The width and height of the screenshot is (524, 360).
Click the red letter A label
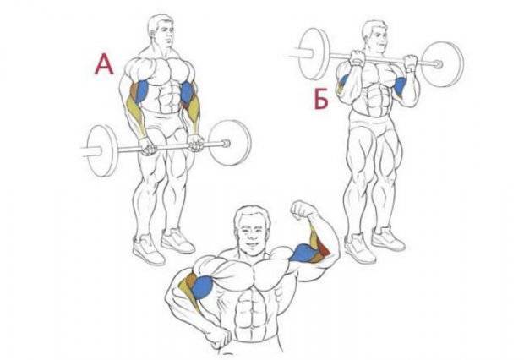(104, 65)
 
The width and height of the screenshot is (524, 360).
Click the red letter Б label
(321, 99)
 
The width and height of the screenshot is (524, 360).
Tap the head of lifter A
(161, 30)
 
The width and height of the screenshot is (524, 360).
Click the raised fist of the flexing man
(303, 210)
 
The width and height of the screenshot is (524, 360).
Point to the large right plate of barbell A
(230, 143)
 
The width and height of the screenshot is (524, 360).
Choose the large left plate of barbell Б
(313, 53)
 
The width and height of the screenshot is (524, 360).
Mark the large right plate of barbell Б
(442, 64)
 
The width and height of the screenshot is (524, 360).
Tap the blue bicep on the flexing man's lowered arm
(202, 287)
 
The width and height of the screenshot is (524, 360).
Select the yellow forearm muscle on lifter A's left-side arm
(135, 114)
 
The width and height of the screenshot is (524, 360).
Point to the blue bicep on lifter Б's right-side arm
(400, 85)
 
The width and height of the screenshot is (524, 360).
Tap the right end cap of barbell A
(227, 144)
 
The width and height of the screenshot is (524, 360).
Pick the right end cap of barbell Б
(438, 63)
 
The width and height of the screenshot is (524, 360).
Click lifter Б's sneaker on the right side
(388, 238)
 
